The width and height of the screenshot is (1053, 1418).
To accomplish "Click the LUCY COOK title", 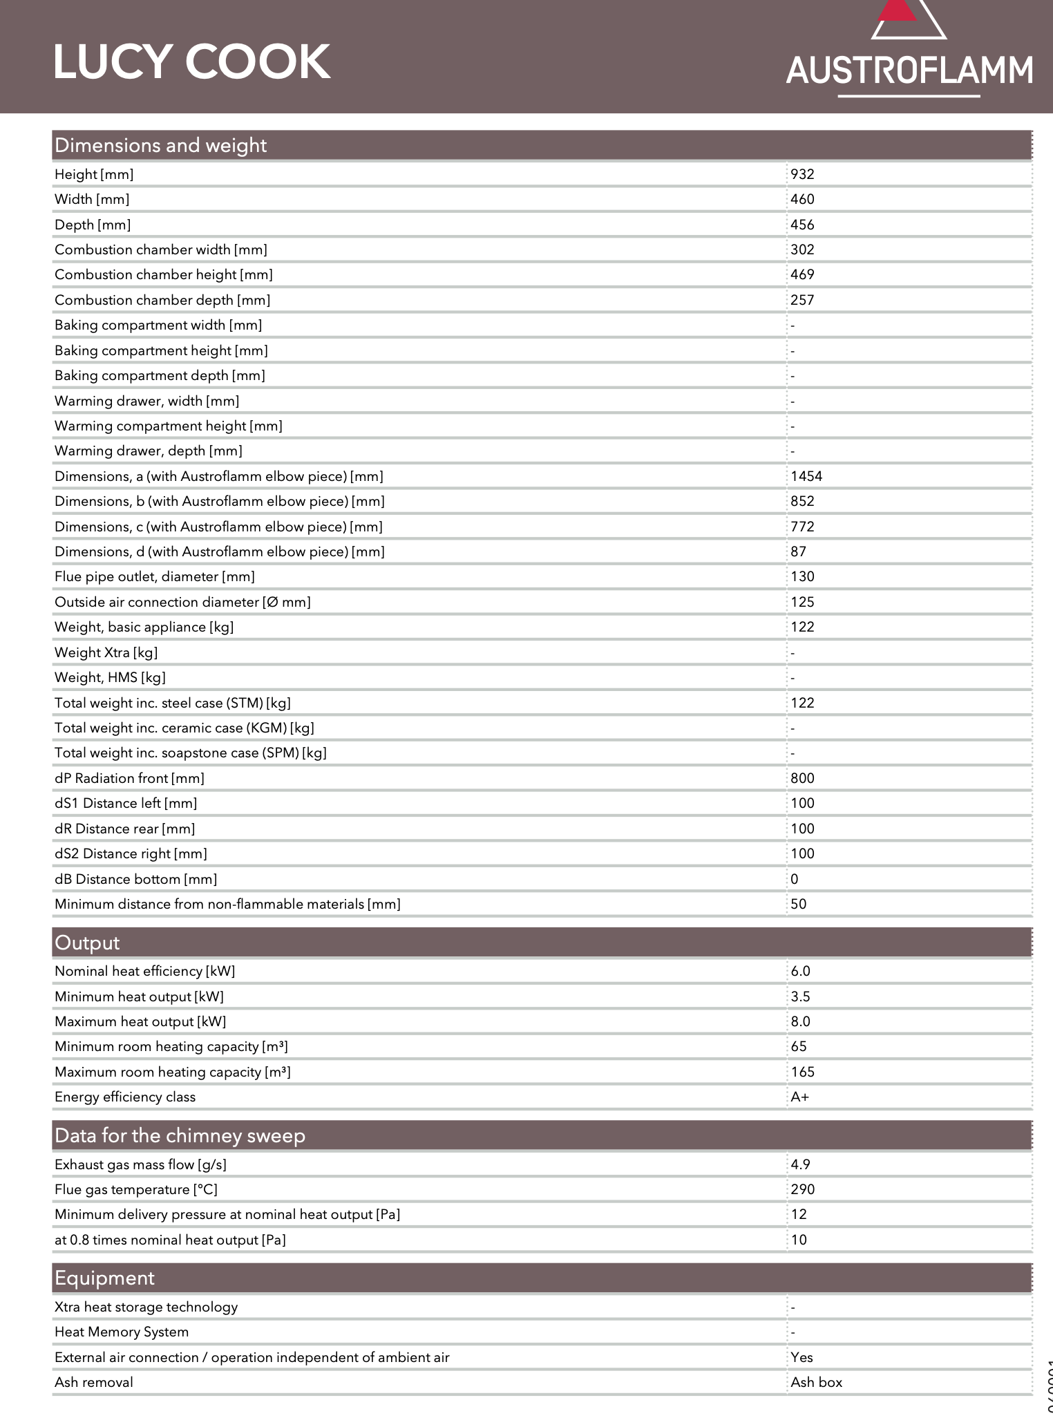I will (191, 62).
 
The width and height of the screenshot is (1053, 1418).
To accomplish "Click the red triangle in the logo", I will (898, 10).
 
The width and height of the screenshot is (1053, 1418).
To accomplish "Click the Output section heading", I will (87, 943).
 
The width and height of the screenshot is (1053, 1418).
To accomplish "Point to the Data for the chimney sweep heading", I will (180, 1136).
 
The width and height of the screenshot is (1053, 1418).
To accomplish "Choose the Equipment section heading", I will (104, 1278).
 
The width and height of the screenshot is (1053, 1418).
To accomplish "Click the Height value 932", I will (802, 174).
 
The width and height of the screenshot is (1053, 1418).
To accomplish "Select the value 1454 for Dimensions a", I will (806, 476).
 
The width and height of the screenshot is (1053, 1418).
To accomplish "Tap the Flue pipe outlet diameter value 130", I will (802, 576).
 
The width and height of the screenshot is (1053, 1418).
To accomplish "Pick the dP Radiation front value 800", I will (802, 778).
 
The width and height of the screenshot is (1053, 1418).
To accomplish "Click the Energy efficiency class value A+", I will (799, 1097).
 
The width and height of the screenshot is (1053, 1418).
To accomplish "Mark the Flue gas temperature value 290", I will (802, 1189).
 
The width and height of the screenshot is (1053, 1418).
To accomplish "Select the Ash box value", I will (816, 1382).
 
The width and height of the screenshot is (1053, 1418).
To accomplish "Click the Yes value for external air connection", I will (801, 1357).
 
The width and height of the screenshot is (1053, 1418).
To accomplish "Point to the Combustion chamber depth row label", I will (162, 300).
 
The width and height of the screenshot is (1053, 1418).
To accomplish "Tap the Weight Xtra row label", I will (106, 652).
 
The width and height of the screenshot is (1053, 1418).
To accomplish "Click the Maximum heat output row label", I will (140, 1021).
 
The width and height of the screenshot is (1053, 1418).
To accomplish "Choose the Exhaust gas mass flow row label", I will (140, 1164).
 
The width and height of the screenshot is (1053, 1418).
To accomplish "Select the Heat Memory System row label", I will (122, 1332).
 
